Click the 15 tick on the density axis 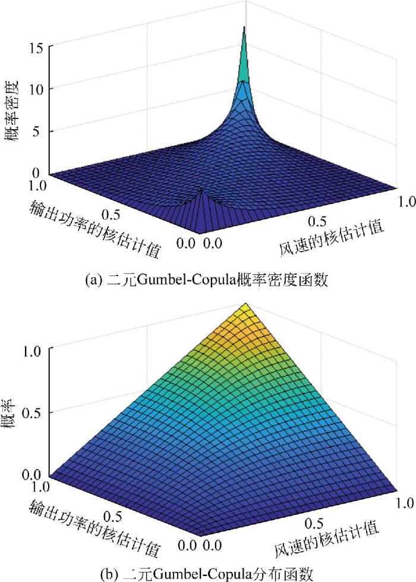[x=37, y=48]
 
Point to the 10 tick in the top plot [x=37, y=89]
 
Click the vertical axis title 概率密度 [x=12, y=111]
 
